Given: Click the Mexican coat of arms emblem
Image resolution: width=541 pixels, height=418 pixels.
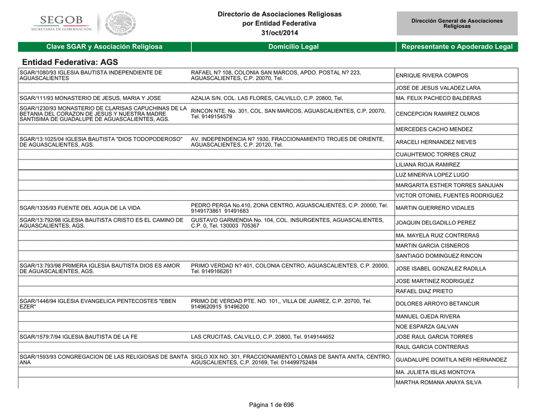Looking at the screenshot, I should coord(120,23).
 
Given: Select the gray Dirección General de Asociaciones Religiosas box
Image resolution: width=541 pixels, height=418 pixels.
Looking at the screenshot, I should coord(457,23).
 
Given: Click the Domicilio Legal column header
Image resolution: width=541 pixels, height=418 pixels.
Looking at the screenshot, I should coord(293,47).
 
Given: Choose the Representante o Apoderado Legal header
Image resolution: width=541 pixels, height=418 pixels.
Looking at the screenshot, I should coord(457,47).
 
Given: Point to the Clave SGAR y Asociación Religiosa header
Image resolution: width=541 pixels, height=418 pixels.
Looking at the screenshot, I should coord(104,47).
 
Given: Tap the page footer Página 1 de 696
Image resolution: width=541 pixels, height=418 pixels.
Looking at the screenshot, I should coord(271,405).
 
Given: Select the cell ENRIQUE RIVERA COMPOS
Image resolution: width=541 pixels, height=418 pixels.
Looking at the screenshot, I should coord(432,76).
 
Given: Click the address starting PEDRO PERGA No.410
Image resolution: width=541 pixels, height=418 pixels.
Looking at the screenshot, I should coord(289,208).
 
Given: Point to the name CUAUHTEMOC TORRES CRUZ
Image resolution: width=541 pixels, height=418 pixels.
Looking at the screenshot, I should coord(436,155).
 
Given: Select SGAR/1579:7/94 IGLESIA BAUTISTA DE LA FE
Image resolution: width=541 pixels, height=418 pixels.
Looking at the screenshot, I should coord(78,337).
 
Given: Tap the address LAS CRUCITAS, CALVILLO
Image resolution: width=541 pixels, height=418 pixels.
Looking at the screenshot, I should coord(262,337).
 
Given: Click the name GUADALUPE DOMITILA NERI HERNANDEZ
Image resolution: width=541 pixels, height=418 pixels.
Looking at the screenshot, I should coord(451,360).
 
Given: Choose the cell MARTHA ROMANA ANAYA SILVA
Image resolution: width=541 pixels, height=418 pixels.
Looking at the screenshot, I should coord(439,383).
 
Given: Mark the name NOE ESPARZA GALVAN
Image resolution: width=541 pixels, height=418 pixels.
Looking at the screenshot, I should coord(427,327).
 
